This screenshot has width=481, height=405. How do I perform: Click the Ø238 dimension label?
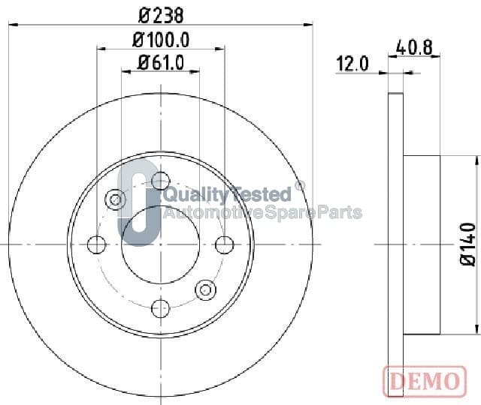click(161, 16)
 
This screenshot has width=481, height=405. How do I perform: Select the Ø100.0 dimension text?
click(161, 40)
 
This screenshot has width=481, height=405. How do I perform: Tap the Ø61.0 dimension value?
click(161, 63)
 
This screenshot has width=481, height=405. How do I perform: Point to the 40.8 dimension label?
click(414, 48)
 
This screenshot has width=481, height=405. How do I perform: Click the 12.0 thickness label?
click(352, 64)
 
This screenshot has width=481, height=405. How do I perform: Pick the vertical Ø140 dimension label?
click(468, 244)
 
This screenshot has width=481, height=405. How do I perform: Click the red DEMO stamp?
click(425, 381)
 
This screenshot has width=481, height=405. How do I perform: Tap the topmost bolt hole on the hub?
click(160, 181)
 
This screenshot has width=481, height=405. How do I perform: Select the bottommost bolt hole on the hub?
click(160, 308)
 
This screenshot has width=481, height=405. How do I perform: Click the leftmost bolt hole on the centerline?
click(97, 244)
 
